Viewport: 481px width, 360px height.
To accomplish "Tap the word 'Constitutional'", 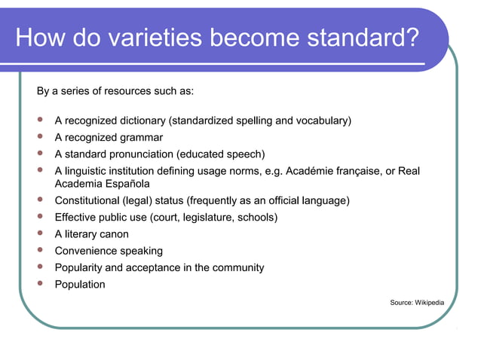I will pyautogui.click(x=87, y=201).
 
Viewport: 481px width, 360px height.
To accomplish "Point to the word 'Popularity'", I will pyautogui.click(x=78, y=268).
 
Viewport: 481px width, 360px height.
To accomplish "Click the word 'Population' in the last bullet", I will pyautogui.click(x=80, y=285).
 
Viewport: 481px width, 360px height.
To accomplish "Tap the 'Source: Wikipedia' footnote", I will pyautogui.click(x=417, y=303).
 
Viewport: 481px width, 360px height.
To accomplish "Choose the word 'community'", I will pyautogui.click(x=234, y=268).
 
